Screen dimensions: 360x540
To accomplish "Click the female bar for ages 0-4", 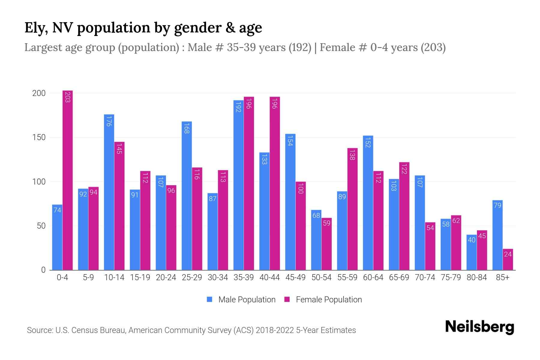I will point(67,180).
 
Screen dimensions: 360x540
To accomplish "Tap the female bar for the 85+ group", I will point(508,259).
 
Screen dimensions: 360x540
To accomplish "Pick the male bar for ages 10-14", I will point(109,192).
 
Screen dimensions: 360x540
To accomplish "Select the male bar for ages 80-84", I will point(472,252).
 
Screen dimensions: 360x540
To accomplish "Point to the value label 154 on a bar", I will point(290,141).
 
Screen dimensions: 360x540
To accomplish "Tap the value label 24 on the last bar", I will point(508,254).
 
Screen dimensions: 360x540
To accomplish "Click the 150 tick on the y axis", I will point(39,137).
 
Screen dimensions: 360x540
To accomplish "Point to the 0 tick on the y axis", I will point(43,270).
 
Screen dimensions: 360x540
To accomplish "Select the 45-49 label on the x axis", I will point(295,277).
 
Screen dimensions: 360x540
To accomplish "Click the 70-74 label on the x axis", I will point(425,277).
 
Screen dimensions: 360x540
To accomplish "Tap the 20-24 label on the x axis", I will point(166,277).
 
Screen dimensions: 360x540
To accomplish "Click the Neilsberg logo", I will point(479,327).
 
